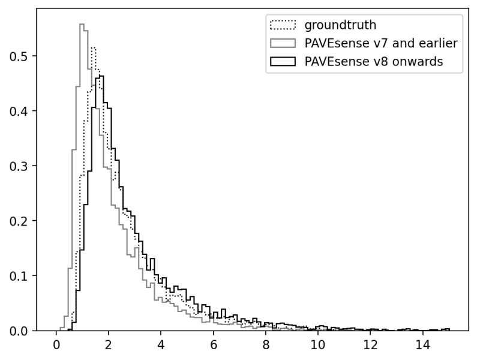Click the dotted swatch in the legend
pos(283,25)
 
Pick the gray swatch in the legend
pos(283,43)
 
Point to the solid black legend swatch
pos(283,61)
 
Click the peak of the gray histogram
pos(82,24)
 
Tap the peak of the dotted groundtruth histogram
pos(93,47)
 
